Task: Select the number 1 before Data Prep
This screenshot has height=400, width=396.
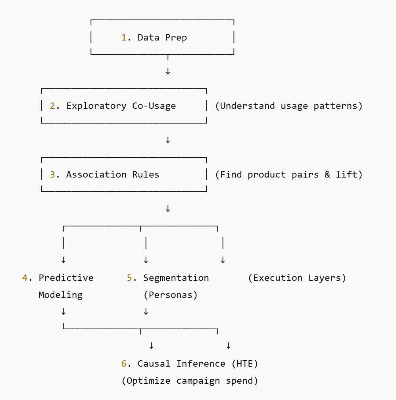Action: pos(123,38)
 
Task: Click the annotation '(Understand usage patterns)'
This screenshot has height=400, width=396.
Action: pos(288,106)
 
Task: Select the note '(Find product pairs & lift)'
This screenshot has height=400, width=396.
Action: pos(288,175)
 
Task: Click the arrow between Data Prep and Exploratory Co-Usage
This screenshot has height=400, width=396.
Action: pos(168,71)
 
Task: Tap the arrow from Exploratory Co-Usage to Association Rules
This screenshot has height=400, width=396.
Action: pos(168,140)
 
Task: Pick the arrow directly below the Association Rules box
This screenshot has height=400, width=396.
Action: pos(168,209)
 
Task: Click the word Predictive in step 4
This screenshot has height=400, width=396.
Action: pos(66,278)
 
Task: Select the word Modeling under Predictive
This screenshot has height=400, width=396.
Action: pos(60,295)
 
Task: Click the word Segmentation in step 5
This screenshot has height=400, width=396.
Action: pos(176,278)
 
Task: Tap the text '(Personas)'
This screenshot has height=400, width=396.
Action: pos(170,295)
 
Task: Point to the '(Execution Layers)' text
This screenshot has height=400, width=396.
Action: pos(297,278)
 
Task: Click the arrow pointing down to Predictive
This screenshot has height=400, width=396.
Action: pos(63,260)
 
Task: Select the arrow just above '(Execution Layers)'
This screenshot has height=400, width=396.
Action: pos(223,260)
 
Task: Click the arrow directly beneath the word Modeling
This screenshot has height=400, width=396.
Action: pos(63,312)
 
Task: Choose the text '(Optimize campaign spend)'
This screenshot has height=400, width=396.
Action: pos(190,381)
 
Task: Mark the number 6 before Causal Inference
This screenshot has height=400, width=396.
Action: pos(124,364)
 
